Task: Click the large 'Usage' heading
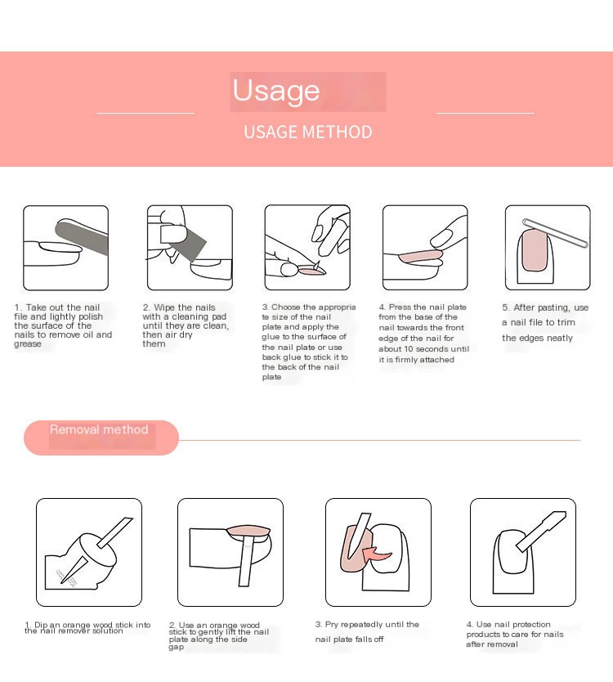(276, 91)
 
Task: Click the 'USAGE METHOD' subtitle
(307, 132)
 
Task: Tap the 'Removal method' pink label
(100, 430)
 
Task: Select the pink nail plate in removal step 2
(248, 532)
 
